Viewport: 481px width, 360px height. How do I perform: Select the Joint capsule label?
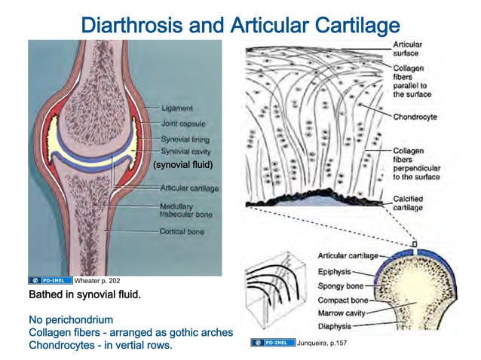[x=183, y=124]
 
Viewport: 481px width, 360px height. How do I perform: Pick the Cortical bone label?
[x=182, y=232]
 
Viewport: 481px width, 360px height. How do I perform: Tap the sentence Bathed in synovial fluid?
[x=84, y=294]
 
